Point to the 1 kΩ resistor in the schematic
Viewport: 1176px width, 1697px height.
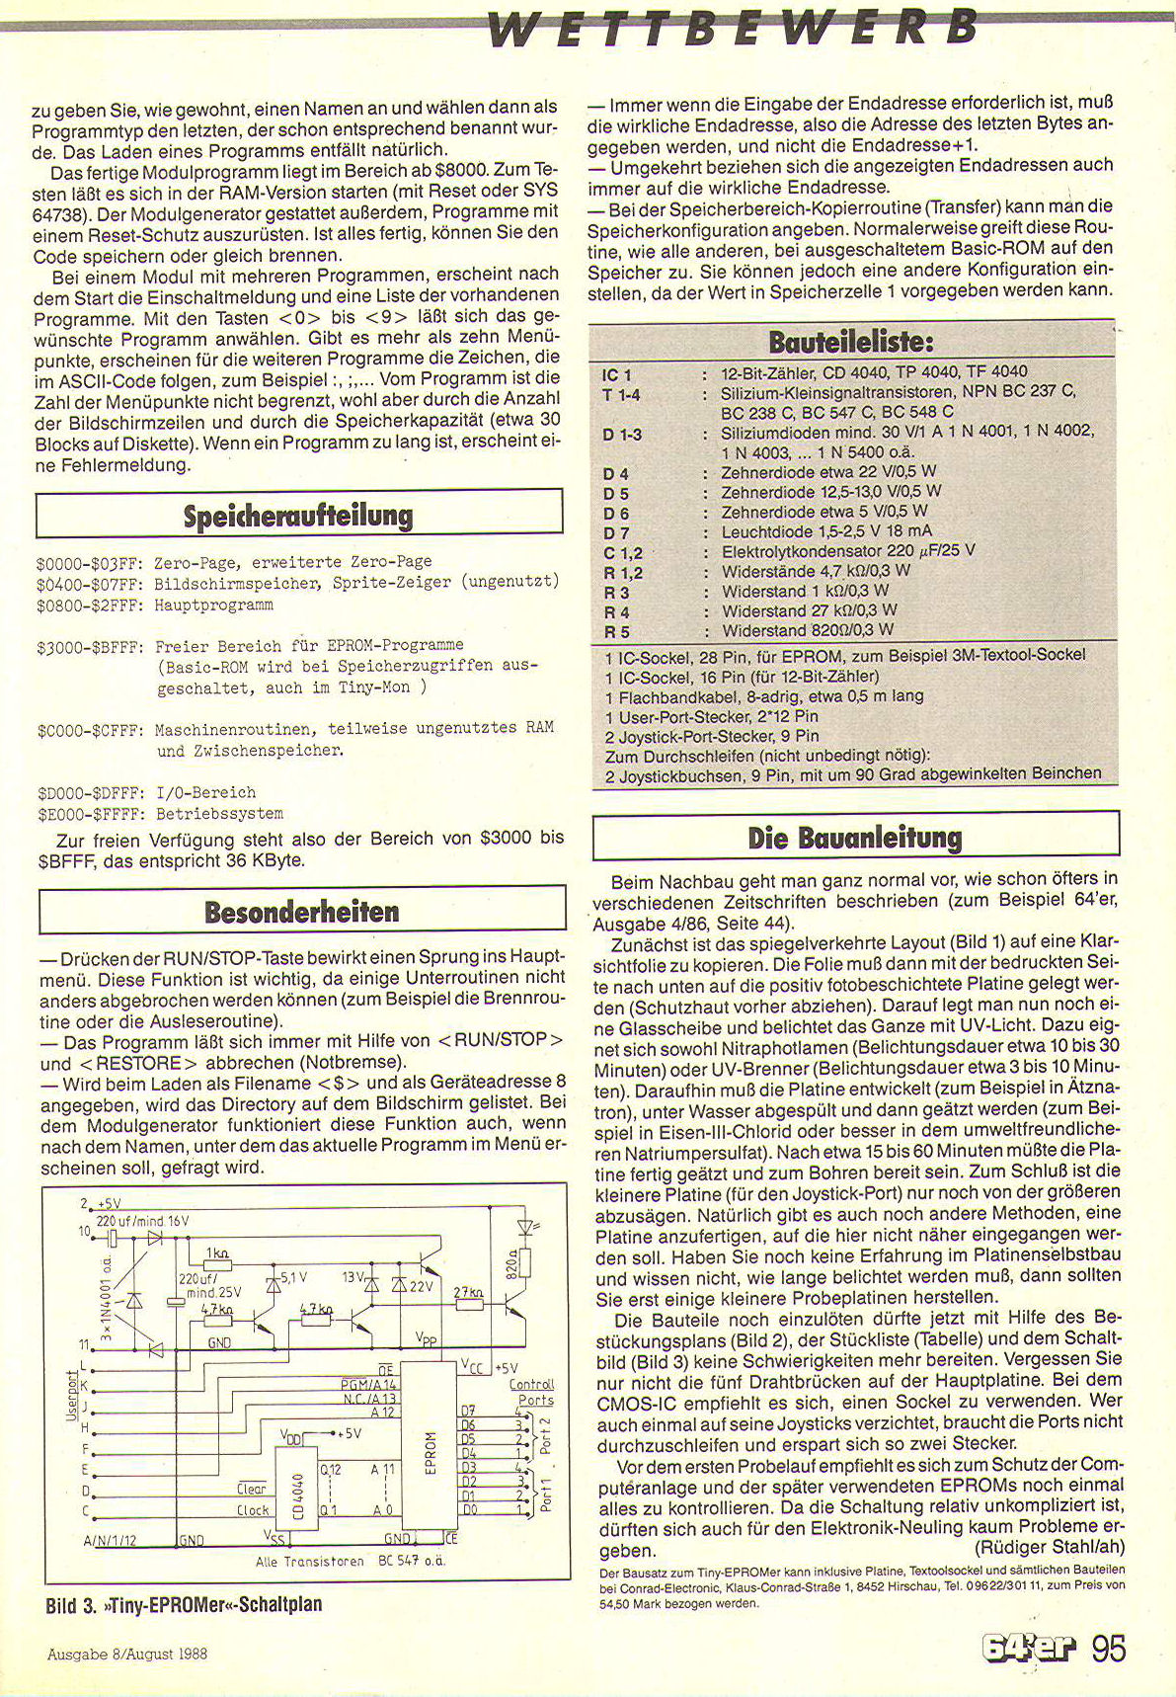pos(216,1264)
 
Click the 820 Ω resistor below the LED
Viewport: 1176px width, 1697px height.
pos(524,1263)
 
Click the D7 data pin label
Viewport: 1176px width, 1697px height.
pos(469,1411)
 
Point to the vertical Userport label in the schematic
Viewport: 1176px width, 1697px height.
pos(71,1395)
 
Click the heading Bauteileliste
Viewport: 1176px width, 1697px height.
pos(850,343)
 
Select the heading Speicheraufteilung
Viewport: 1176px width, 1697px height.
pos(298,516)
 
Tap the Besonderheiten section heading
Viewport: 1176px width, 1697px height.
pos(301,911)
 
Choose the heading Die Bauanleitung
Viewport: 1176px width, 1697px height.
pos(855,838)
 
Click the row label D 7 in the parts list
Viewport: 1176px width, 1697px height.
pos(615,533)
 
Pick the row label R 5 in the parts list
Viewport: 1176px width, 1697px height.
pos(616,632)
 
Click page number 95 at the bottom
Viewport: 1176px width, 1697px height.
pos(1108,1649)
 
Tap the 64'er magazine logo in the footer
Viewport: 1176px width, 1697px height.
pos(1028,1649)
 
